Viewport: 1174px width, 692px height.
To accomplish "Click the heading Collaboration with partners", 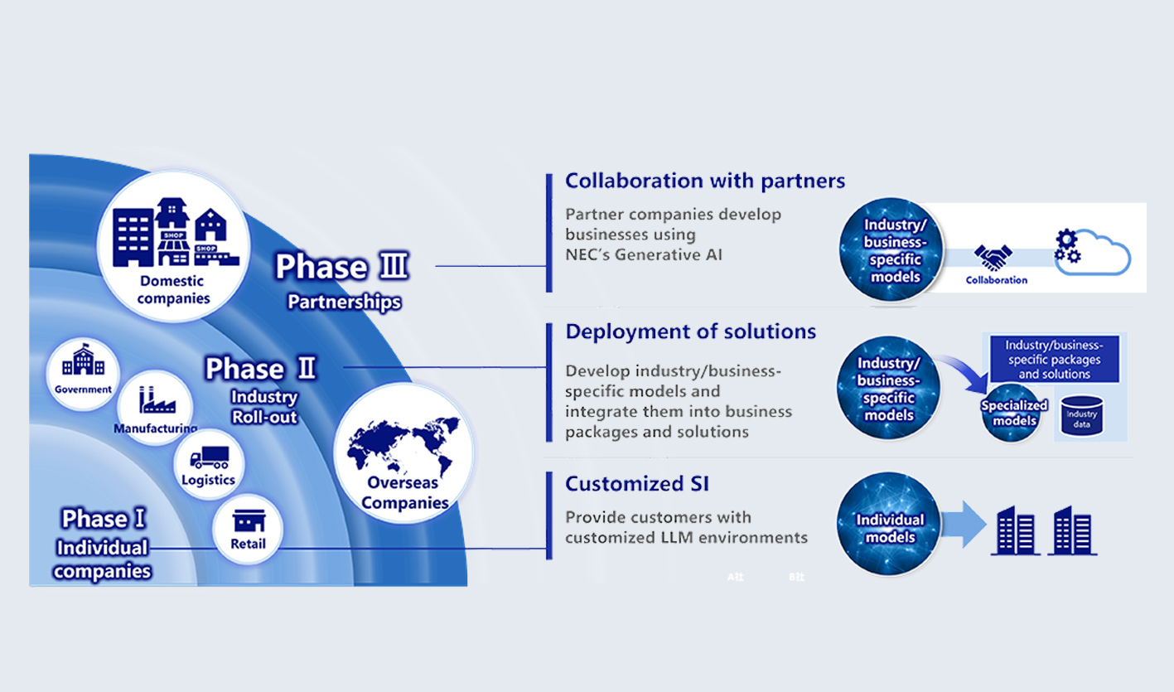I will coord(704,181).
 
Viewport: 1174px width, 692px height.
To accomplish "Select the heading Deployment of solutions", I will coord(690,331).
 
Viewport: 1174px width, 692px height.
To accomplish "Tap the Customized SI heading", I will coord(636,483).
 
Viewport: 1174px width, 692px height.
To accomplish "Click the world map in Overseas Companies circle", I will coord(403,448).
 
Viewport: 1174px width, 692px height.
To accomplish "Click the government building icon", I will coord(83,362).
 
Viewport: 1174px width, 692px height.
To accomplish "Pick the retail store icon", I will coord(249,521).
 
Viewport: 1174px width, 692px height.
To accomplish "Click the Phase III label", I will coord(342,267).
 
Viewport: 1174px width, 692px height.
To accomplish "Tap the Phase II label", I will coord(260,368).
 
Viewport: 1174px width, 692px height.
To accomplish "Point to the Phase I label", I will coord(104,519).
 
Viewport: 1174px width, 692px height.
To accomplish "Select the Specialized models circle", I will coord(1013,413).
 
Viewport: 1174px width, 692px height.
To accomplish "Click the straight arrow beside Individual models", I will coord(962,525).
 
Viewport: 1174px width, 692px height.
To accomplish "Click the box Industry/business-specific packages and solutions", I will coord(1054,360).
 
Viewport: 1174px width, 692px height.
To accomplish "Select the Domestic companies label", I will coord(173,289).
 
